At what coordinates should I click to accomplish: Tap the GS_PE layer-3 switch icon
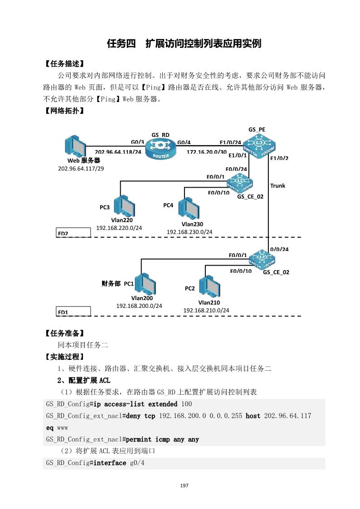click(259, 146)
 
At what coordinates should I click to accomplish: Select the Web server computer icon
click(75, 145)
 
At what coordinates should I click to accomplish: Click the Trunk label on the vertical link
click(277, 186)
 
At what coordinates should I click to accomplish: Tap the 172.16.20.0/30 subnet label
click(206, 152)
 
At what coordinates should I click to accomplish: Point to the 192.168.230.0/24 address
click(190, 232)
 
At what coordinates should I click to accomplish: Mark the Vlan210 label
click(209, 303)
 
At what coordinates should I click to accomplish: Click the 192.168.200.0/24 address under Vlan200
click(139, 306)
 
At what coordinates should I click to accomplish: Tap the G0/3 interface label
click(137, 142)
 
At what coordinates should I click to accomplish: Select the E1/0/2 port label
click(279, 158)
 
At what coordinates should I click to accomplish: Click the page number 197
click(184, 486)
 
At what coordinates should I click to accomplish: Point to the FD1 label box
click(73, 312)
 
